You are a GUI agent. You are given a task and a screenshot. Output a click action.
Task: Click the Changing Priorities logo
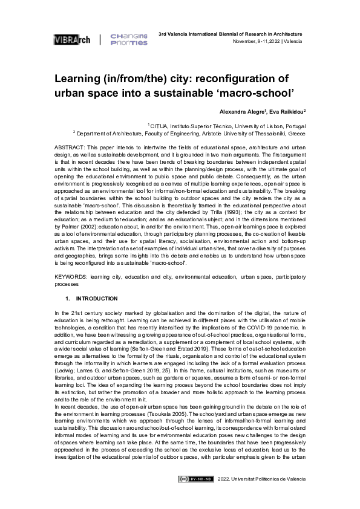128,40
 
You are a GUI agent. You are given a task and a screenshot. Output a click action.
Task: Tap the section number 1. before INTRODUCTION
68,299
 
